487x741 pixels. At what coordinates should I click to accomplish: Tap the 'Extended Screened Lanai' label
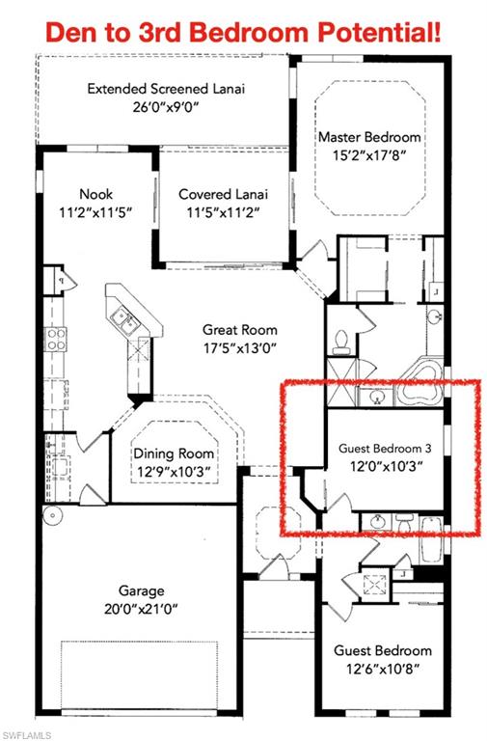[166, 89]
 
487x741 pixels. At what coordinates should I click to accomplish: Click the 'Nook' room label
[96, 193]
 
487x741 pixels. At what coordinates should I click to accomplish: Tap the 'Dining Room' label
[174, 453]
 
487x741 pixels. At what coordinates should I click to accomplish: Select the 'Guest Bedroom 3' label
[385, 449]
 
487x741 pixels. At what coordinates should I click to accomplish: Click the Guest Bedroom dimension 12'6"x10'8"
[383, 669]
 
